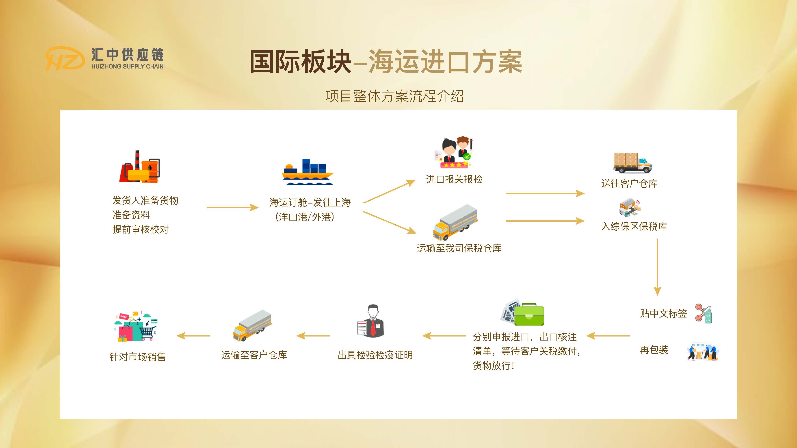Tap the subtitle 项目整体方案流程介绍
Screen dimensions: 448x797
pos(394,96)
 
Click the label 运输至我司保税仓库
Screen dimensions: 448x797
pos(459,248)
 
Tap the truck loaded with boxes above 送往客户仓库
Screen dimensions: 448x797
pos(632,163)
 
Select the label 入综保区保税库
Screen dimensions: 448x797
pos(634,227)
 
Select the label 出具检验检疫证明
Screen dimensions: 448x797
pos(375,355)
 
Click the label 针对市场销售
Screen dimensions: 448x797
pos(138,357)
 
